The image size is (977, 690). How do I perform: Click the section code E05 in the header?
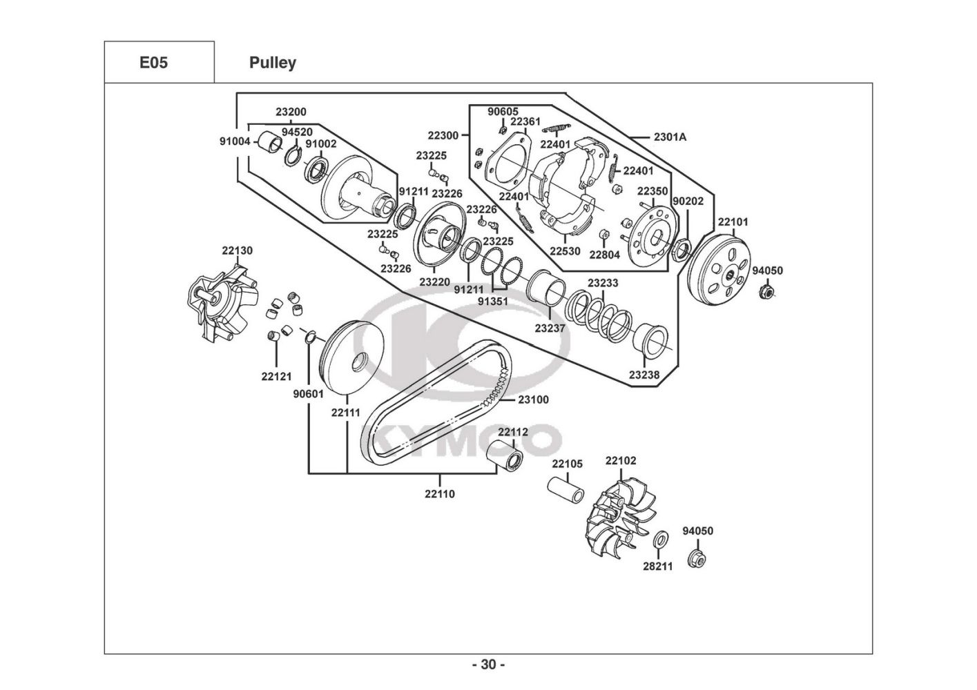click(x=153, y=63)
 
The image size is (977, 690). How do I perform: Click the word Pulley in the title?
click(x=273, y=63)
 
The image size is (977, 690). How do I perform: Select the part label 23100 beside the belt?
click(x=533, y=400)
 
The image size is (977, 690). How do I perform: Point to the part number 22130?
click(x=238, y=250)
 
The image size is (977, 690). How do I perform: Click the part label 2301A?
click(x=670, y=137)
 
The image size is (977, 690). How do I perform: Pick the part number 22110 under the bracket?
click(x=440, y=494)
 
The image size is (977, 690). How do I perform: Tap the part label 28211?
click(x=658, y=566)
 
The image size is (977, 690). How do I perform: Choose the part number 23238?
click(x=644, y=375)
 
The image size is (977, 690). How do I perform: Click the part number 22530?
click(x=565, y=251)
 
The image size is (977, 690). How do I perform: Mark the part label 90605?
click(x=503, y=112)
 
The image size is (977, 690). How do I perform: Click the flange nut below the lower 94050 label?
click(x=697, y=558)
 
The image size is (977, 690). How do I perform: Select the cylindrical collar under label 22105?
click(x=566, y=491)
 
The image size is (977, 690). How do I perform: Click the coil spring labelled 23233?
click(x=599, y=314)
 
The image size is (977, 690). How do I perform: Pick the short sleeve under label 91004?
click(x=269, y=141)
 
